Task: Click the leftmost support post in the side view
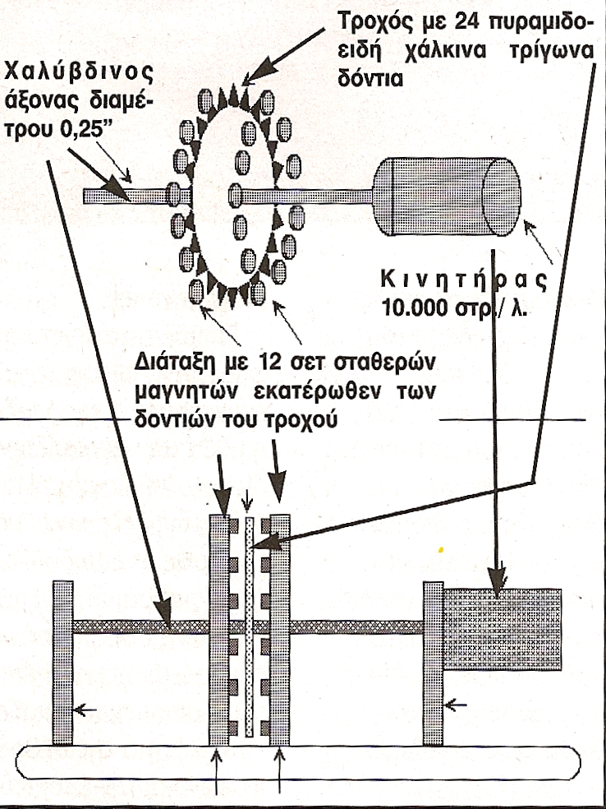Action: [x=62, y=663]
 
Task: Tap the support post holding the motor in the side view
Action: [x=433, y=663]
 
